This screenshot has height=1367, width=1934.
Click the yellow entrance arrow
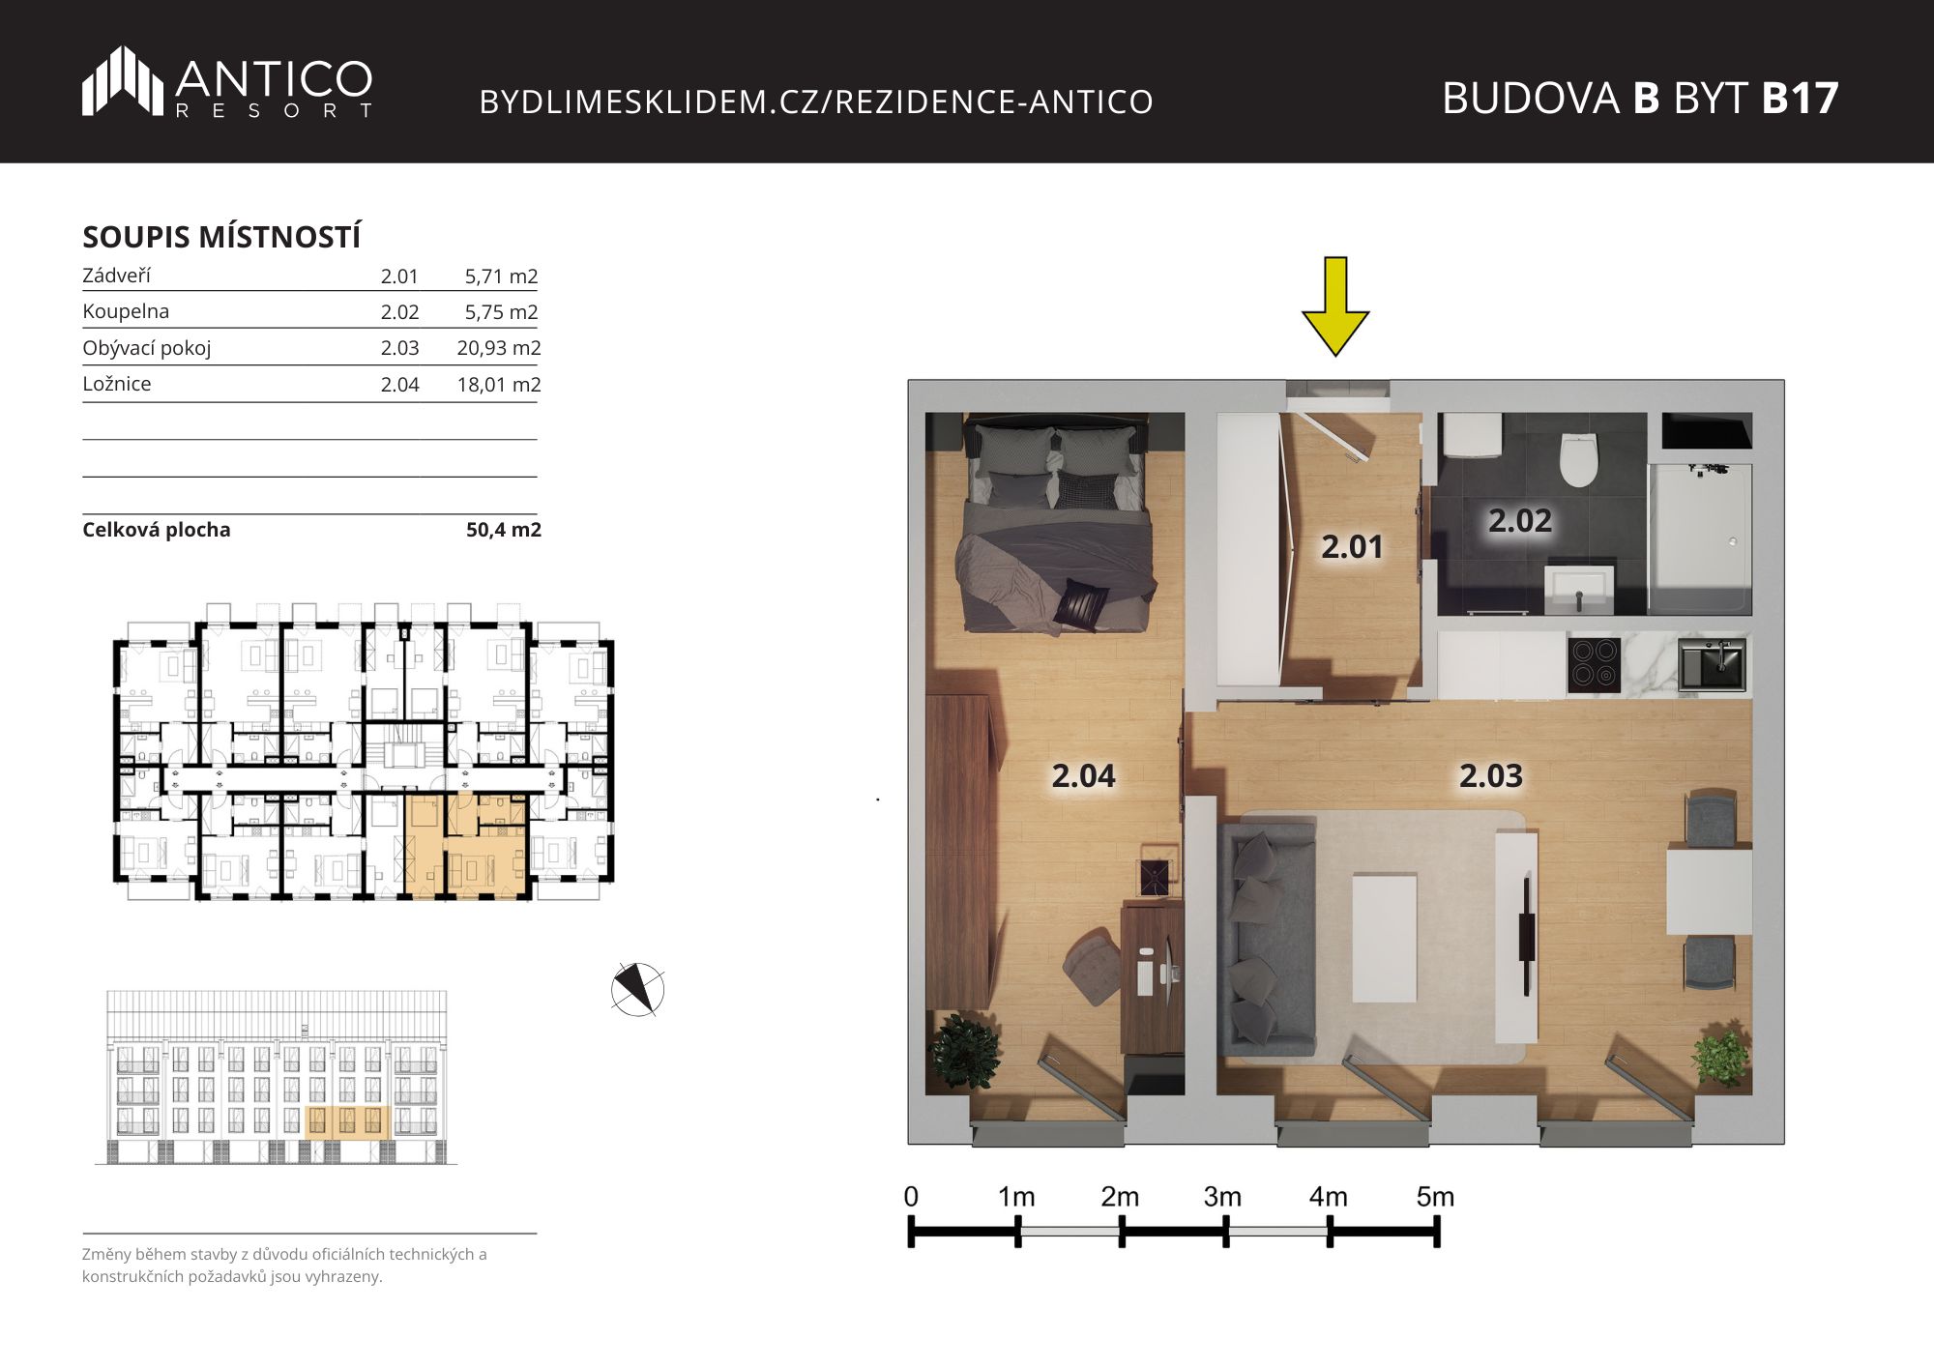tap(1335, 305)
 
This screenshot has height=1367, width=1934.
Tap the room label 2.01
tap(1352, 547)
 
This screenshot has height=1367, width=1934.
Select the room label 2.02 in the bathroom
tap(1520, 521)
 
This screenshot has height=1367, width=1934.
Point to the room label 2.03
tap(1491, 775)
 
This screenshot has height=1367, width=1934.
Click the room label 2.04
tap(1083, 775)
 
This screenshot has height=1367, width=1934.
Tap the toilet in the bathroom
tap(1578, 459)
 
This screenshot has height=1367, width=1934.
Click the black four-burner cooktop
tap(1594, 664)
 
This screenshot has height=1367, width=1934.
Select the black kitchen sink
tap(1712, 664)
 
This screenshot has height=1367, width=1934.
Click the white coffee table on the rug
tap(1385, 937)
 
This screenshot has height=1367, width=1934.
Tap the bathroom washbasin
tap(1579, 588)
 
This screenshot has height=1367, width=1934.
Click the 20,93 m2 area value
tap(499, 348)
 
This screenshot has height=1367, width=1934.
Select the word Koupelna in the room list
tap(126, 311)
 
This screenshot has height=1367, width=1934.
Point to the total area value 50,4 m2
tap(504, 530)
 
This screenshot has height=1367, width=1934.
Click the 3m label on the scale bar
tap(1222, 1197)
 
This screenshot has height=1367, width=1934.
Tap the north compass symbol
tap(638, 989)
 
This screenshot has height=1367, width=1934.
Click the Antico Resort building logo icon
tap(123, 81)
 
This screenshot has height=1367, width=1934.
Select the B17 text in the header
tap(1800, 98)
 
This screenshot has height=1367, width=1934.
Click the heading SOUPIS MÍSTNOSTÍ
tap(221, 237)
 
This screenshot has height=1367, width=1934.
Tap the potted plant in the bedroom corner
tap(963, 1050)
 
